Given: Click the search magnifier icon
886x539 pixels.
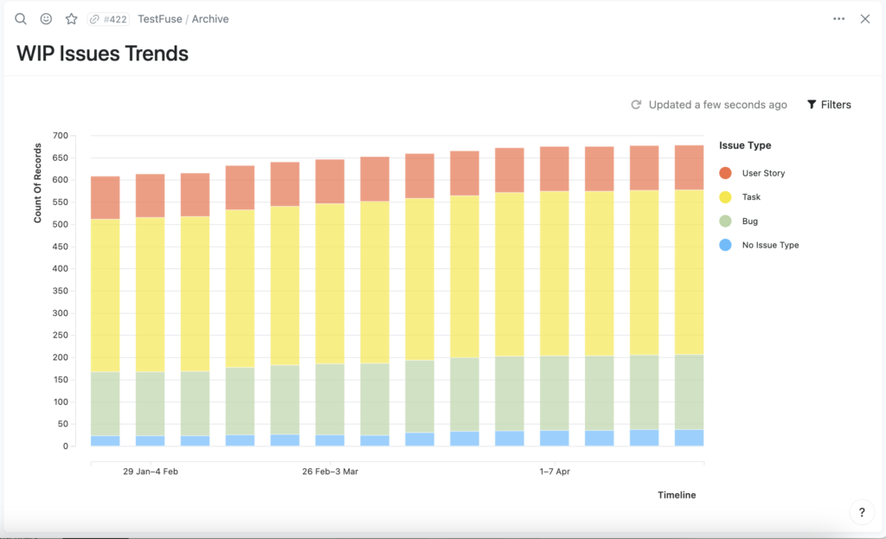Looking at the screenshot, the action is tap(21, 19).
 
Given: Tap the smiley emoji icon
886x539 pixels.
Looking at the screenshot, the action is tap(47, 19).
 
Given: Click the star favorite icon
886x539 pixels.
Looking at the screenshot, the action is tap(71, 19).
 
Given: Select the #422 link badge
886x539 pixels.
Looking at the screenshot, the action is tap(108, 19).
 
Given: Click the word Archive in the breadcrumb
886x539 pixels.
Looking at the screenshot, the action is tap(210, 19).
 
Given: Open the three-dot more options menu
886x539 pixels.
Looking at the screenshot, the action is tap(839, 19).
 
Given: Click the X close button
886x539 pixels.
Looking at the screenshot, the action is tap(865, 19).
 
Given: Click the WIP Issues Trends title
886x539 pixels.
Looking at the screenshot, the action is tap(102, 54).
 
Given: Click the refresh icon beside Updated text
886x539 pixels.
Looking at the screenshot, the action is tap(636, 105).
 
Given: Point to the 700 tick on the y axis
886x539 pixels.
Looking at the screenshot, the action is tap(61, 136).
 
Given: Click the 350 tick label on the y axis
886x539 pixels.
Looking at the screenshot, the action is tap(61, 291).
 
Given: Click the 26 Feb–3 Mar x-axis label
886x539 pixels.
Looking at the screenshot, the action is tap(330, 472).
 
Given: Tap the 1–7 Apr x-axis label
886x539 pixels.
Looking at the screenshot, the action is tap(555, 472).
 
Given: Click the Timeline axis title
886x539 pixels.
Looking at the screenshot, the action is tap(677, 495).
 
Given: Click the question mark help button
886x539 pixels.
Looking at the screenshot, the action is tap(862, 512).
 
